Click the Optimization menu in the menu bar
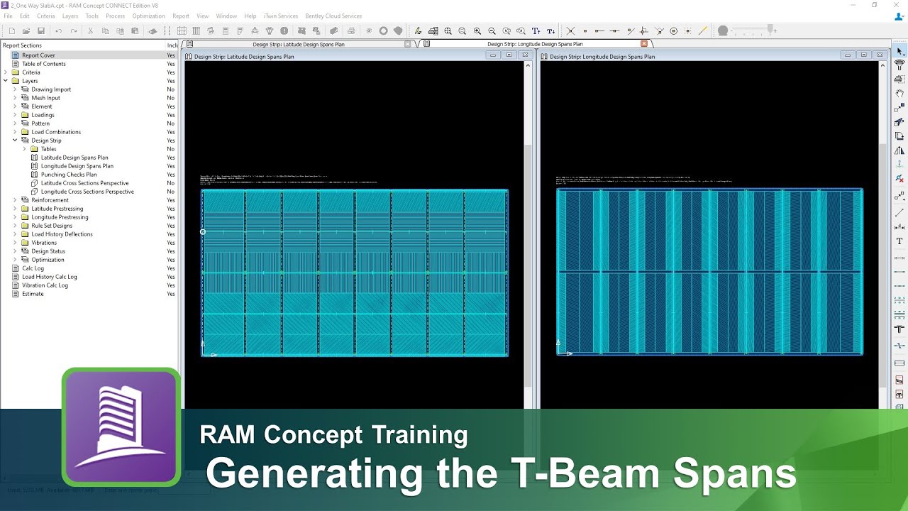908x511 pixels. pos(148,16)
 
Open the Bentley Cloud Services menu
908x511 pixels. pos(333,16)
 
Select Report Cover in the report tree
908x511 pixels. pos(38,55)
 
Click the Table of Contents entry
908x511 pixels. pos(43,64)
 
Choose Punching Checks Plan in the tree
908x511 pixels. pos(68,175)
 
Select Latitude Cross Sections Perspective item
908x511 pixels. pos(84,183)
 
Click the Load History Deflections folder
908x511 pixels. pos(62,234)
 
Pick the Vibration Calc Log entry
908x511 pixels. pos(45,285)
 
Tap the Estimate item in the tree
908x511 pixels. pos(33,294)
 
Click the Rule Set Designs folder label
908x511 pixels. pos(52,226)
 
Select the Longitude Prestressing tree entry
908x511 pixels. pos(60,217)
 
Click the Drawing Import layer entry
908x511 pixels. pos(51,89)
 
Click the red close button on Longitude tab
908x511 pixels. pos(644,44)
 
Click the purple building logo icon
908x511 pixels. pos(121,427)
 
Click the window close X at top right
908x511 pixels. pos(895,5)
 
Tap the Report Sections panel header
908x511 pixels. pos(22,45)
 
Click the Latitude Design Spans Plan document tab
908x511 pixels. pos(299,44)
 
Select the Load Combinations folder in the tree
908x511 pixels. pos(56,132)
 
